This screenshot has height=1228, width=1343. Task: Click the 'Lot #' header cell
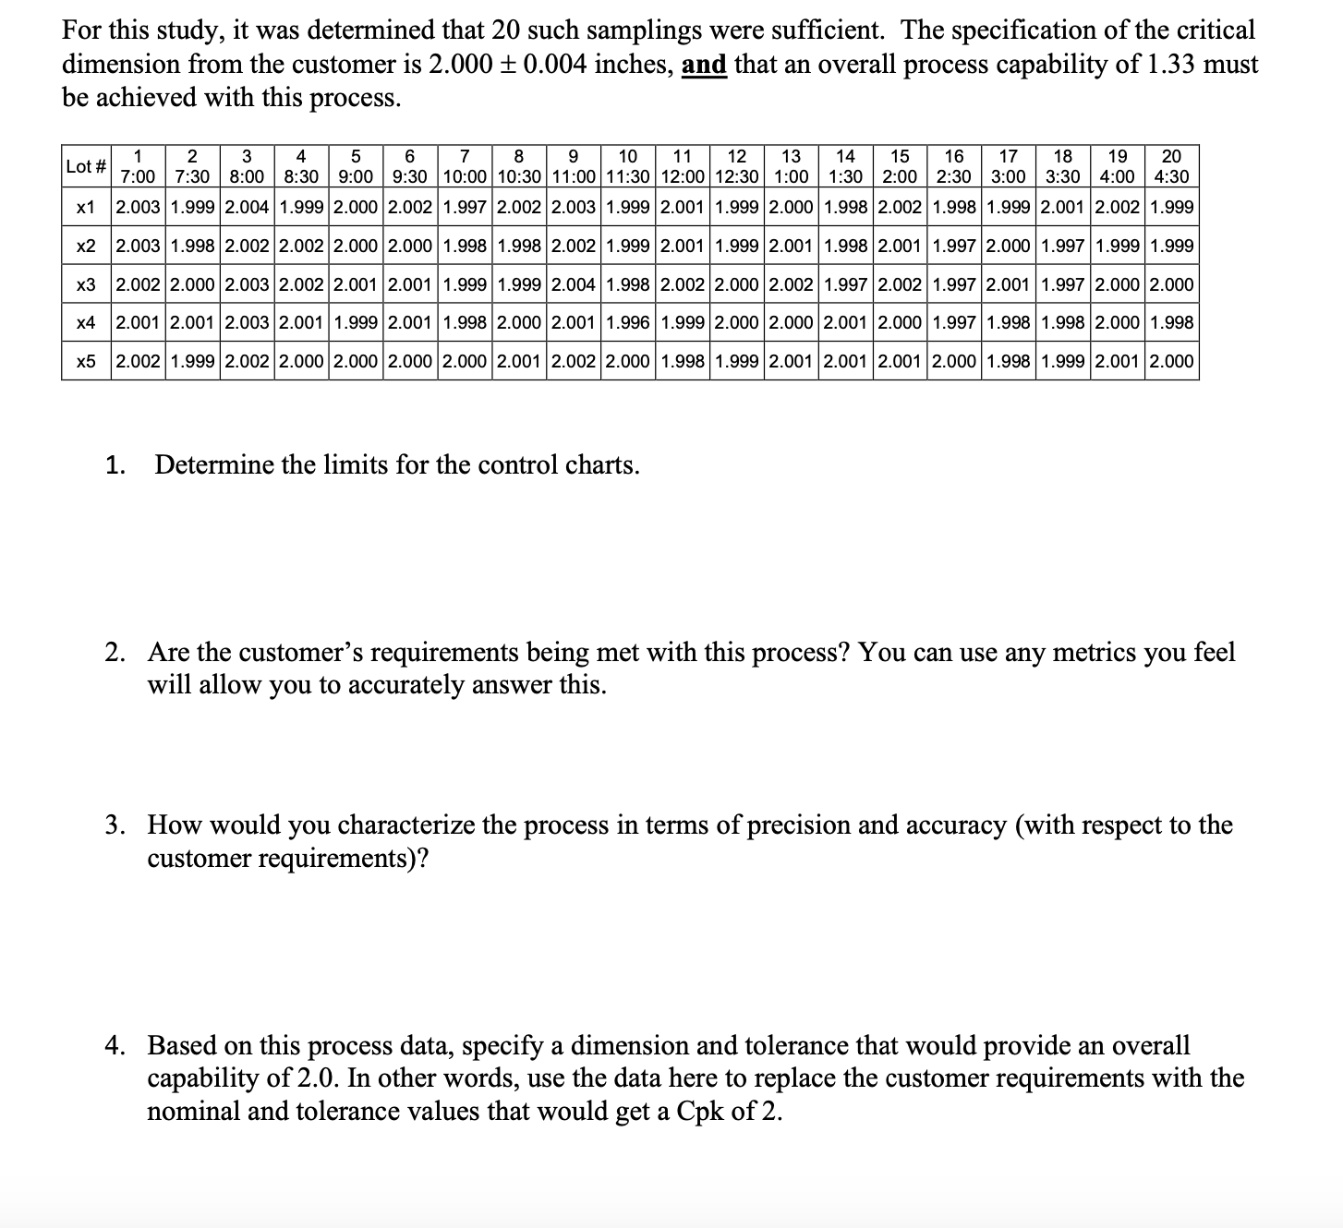pyautogui.click(x=86, y=167)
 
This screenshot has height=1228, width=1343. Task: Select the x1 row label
pyautogui.click(x=86, y=208)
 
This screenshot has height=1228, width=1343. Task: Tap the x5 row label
pyautogui.click(x=86, y=361)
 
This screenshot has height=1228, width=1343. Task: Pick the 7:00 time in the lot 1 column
pyautogui.click(x=138, y=176)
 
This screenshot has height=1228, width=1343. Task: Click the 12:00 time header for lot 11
pyautogui.click(x=684, y=176)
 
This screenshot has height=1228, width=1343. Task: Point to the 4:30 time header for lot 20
pyautogui.click(x=1171, y=176)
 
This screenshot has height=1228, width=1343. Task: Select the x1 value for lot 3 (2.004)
pyautogui.click(x=247, y=208)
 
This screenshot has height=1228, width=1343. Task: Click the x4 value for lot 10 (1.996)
pyautogui.click(x=628, y=322)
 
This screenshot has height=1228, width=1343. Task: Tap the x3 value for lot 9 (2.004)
pyautogui.click(x=574, y=284)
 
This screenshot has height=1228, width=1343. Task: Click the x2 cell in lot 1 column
pyautogui.click(x=138, y=247)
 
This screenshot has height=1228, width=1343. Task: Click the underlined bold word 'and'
pyautogui.click(x=704, y=65)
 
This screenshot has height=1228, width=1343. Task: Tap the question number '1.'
pyautogui.click(x=115, y=464)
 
